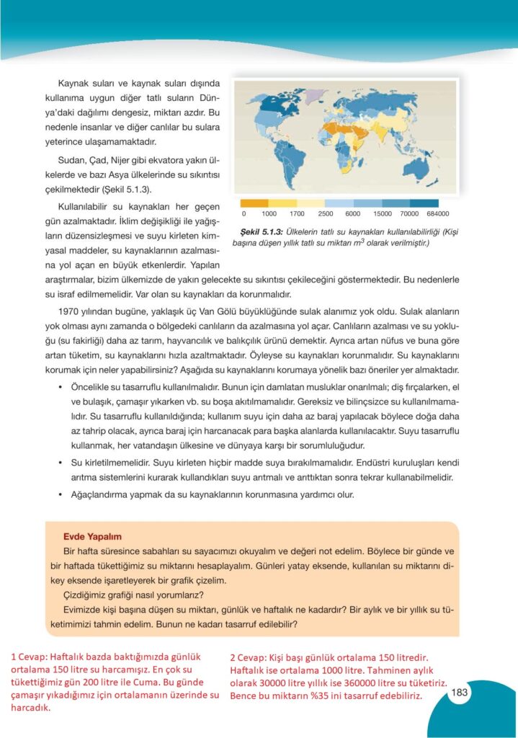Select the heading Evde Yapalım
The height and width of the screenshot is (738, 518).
click(x=92, y=536)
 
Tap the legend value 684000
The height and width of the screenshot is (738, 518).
click(x=437, y=214)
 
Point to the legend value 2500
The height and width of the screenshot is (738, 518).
click(x=325, y=214)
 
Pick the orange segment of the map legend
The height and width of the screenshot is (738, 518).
click(x=254, y=203)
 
